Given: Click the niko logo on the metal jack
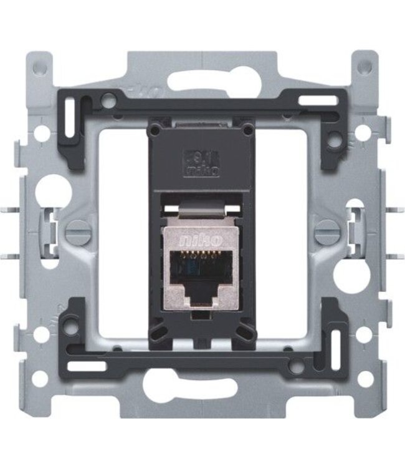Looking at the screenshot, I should coord(202,238).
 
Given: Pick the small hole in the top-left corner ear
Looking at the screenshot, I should coord(41,65).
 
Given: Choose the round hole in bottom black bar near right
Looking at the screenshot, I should coord(297,367).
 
